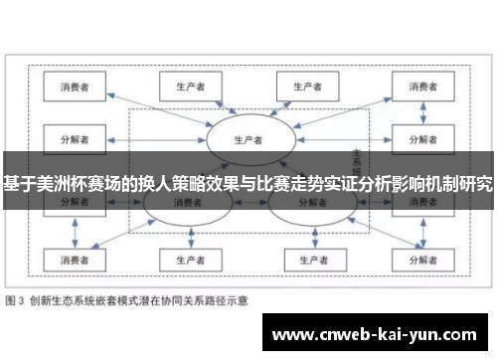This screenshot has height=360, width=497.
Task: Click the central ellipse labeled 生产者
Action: (x=248, y=138)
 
